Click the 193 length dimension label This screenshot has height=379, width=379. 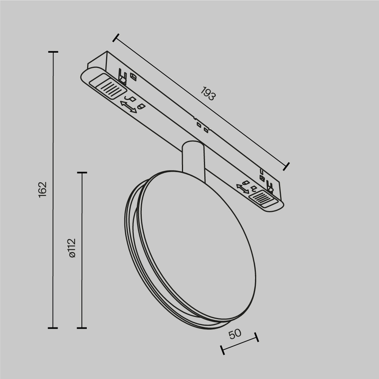coord(208,94)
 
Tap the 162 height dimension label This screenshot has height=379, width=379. coord(42,189)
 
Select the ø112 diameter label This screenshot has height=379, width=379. coord(72,248)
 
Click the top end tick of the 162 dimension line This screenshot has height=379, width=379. coord(53,52)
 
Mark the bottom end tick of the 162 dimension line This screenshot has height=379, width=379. coord(53,328)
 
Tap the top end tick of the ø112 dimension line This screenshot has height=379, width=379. coord(82,173)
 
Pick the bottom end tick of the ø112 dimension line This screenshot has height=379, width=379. coord(82,328)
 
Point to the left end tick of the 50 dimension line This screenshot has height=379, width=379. coord(222,350)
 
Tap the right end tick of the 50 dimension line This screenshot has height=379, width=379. coord(257,337)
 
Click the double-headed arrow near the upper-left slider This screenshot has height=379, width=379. coord(128,106)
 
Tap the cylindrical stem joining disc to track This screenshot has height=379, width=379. coord(194,157)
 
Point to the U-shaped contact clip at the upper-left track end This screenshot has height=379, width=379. coord(122,75)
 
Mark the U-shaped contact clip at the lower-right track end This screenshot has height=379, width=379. coord(270,186)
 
